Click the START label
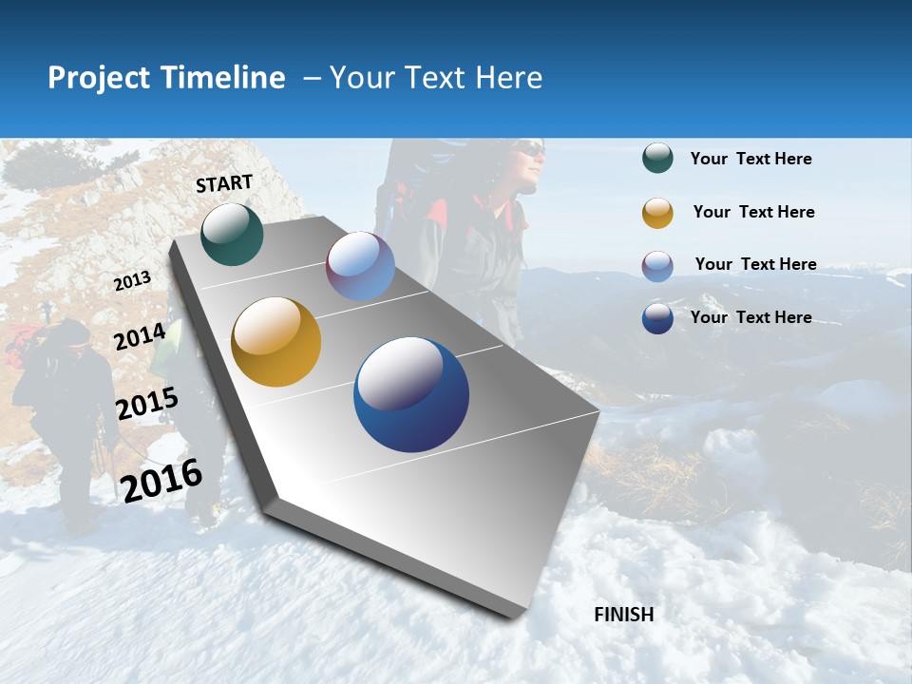click(224, 183)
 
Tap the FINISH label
click(623, 615)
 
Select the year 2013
click(132, 280)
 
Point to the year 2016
click(161, 480)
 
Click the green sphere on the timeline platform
click(232, 234)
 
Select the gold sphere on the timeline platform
click(275, 342)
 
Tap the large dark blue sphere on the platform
click(411, 394)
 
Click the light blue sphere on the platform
click(360, 266)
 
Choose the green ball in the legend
click(657, 159)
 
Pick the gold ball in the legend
click(657, 213)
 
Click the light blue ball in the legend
click(657, 266)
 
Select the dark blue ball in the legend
click(657, 318)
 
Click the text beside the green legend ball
click(750, 159)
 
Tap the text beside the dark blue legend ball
click(750, 317)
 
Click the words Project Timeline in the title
click(166, 78)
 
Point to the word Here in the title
click(508, 78)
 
